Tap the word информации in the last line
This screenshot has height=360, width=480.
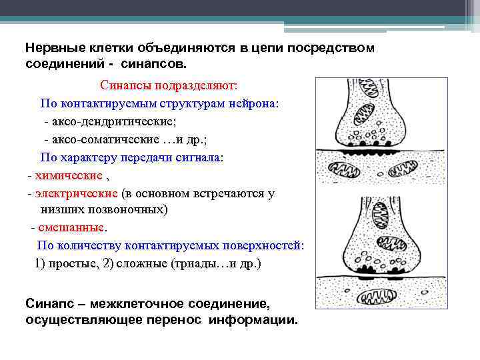253,319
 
